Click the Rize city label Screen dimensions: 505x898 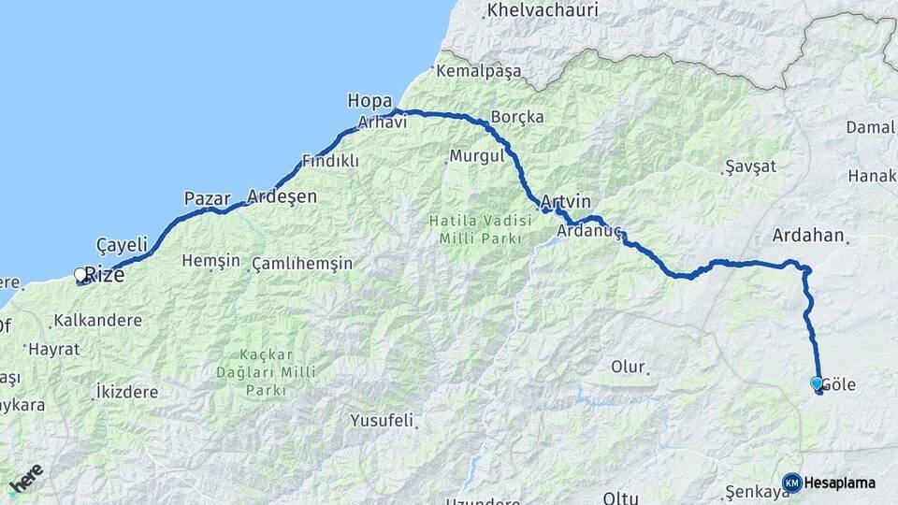pos(105,275)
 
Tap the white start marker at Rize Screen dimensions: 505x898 pos(81,274)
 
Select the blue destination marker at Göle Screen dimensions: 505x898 pos(817,383)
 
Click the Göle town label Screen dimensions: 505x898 pos(839,384)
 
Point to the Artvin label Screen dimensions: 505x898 pos(566,202)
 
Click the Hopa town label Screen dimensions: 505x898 pos(368,100)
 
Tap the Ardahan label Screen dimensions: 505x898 pos(808,236)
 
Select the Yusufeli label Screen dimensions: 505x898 pos(382,420)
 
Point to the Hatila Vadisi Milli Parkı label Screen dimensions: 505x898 pos(473,230)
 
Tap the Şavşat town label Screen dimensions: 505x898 pos(750,166)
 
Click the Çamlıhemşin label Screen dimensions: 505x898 pos(302,264)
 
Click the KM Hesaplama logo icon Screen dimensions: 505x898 pos(792,483)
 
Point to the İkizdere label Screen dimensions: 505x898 pos(126,392)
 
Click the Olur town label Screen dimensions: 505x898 pos(628,367)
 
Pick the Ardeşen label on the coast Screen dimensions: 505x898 pos(282,197)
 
